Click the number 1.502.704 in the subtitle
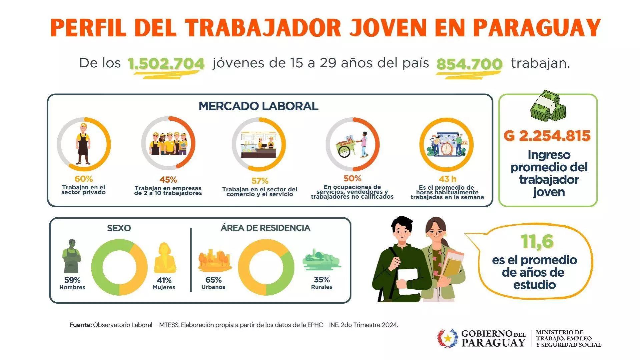pyautogui.click(x=166, y=64)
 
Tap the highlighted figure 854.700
pyautogui.click(x=469, y=64)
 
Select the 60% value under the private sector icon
pyautogui.click(x=84, y=179)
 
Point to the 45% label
pyautogui.click(x=168, y=180)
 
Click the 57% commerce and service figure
pyautogui.click(x=260, y=181)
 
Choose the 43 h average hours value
pyautogui.click(x=448, y=179)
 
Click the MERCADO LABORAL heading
pyautogui.click(x=258, y=106)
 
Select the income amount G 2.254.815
pyautogui.click(x=547, y=136)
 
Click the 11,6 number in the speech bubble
pyautogui.click(x=538, y=241)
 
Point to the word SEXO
pyautogui.click(x=119, y=228)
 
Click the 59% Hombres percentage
pyautogui.click(x=72, y=280)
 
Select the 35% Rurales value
pyautogui.click(x=322, y=280)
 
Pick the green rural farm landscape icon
pyautogui.click(x=321, y=259)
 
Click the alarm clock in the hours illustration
pyautogui.click(x=446, y=148)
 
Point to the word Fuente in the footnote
pyautogui.click(x=80, y=325)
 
